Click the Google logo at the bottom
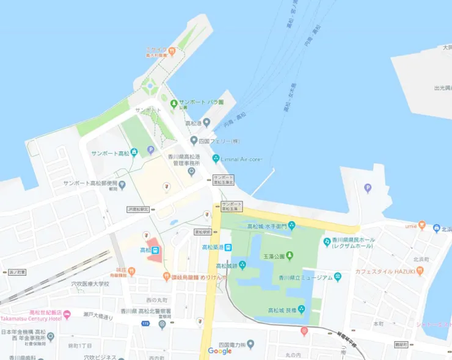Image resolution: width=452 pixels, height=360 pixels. click(x=220, y=351)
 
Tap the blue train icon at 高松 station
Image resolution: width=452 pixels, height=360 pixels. click(x=156, y=250)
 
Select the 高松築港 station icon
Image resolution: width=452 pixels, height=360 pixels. click(x=228, y=247)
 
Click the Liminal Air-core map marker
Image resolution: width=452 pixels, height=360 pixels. click(x=215, y=159)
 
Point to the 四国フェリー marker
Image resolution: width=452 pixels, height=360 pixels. click(x=194, y=141)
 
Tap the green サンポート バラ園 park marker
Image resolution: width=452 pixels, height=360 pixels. click(x=174, y=103)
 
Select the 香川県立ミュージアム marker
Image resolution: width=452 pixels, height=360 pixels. click(x=338, y=278)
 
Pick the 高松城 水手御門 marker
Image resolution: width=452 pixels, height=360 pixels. click(x=291, y=226)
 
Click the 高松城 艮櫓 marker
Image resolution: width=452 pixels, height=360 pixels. click(x=301, y=310)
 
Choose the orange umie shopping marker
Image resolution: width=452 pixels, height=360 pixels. click(x=421, y=226)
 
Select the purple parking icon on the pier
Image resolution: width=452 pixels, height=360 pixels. click(x=368, y=189)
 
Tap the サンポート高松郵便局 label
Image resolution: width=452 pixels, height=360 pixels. click(x=90, y=183)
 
